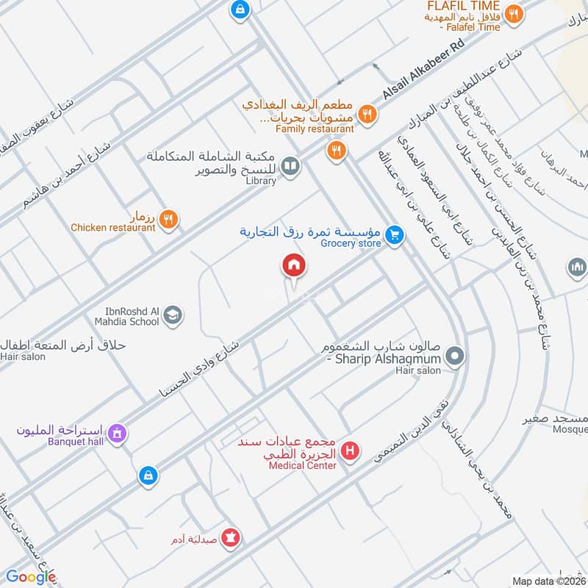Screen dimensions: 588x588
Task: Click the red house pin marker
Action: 293,265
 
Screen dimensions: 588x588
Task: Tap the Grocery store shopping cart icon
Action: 395,235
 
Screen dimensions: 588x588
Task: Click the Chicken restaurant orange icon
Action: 168,218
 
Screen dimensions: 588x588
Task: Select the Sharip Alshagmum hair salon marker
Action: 455,358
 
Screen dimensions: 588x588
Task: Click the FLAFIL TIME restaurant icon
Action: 514,13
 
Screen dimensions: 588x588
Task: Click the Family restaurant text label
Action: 315,129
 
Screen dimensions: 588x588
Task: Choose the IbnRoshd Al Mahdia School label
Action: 126,315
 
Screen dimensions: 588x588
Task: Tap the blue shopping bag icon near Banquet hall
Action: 148,476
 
